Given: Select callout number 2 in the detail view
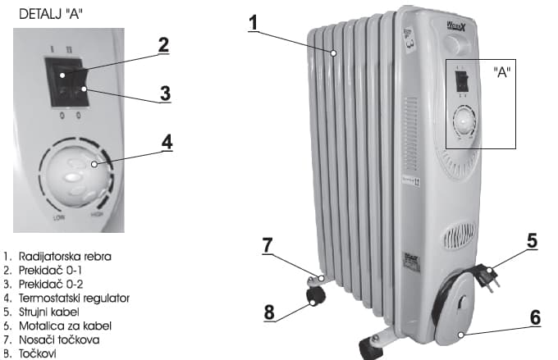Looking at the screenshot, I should [x=163, y=44].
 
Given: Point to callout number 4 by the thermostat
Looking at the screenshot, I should [x=167, y=140].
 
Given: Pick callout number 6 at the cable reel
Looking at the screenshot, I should [x=534, y=317].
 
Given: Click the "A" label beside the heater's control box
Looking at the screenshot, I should [x=503, y=71].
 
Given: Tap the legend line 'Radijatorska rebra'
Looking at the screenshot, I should [x=62, y=257].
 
